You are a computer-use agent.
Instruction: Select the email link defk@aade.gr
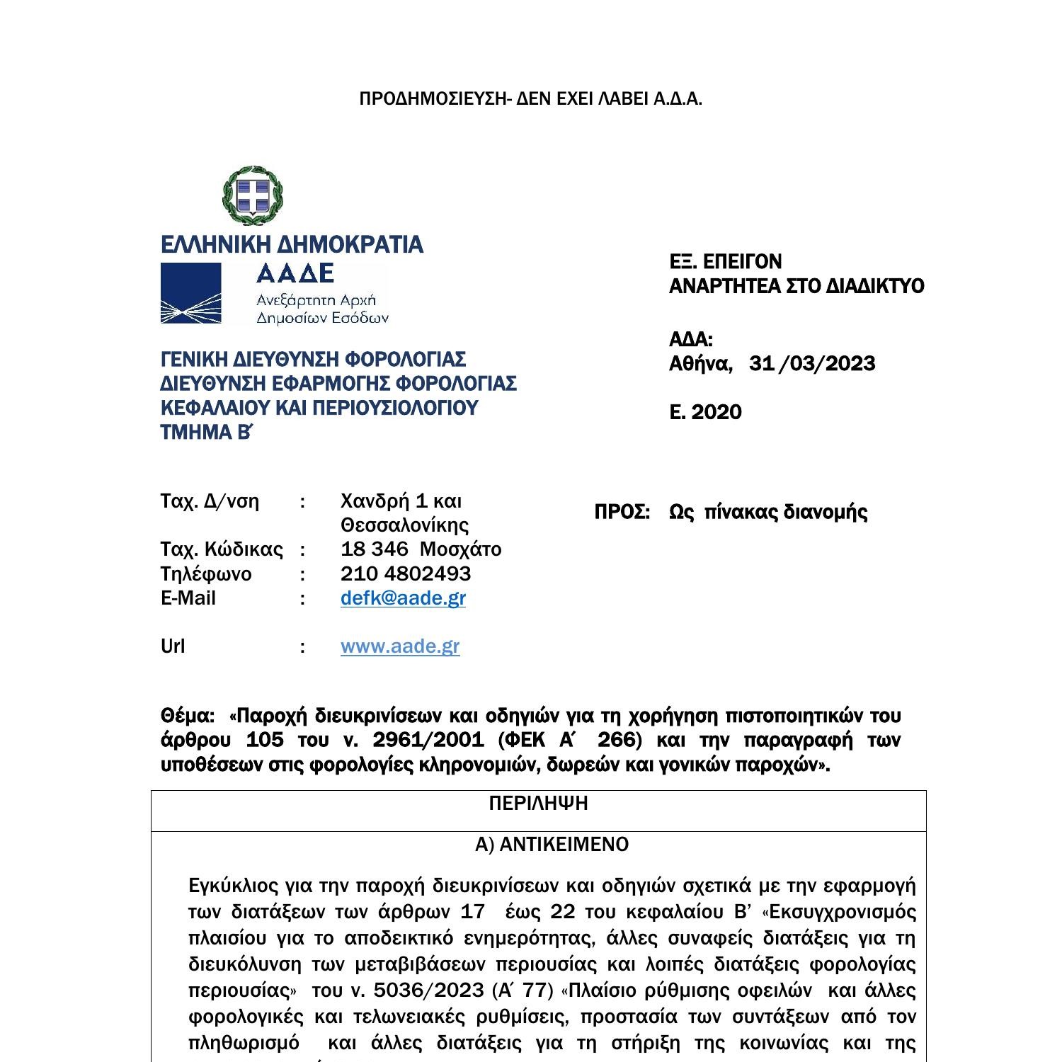click(x=403, y=598)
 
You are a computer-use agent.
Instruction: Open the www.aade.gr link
click(x=400, y=646)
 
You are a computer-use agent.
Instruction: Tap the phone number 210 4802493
click(x=405, y=573)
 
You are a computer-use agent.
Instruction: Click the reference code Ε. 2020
click(x=705, y=412)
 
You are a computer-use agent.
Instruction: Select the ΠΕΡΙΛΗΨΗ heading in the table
click(x=538, y=804)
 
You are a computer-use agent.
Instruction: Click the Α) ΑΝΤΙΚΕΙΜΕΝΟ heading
click(x=552, y=845)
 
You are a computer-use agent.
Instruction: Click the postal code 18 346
click(x=375, y=549)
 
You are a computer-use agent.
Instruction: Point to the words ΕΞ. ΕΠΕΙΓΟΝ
click(x=726, y=262)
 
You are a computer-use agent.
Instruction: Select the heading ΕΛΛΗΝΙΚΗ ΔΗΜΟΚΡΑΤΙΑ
click(x=292, y=245)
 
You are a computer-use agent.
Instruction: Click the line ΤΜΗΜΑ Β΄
click(x=206, y=433)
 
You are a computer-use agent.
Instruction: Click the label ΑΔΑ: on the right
click(x=690, y=339)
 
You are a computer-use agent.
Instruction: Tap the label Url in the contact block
click(x=173, y=646)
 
